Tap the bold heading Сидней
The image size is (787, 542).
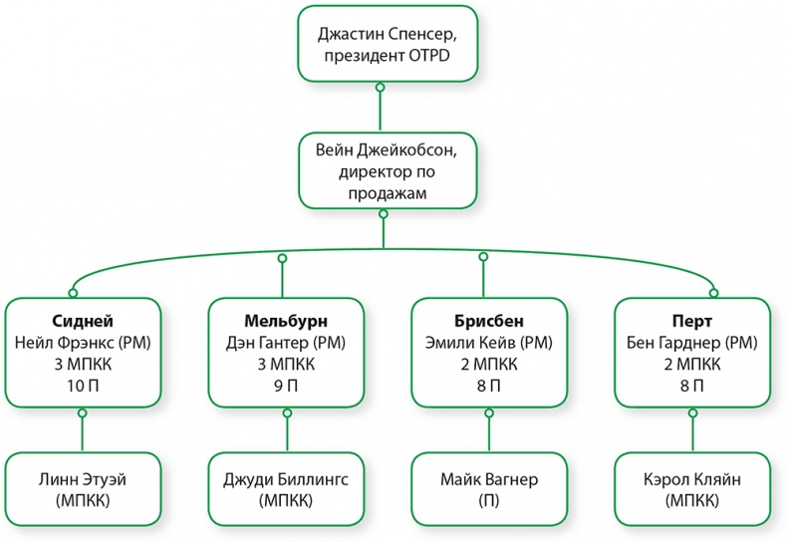[x=83, y=321]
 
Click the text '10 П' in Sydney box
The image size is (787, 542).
[x=83, y=385]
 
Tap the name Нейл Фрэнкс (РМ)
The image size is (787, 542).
[x=83, y=343]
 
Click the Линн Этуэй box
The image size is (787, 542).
[x=83, y=489]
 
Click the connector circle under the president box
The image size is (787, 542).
[x=380, y=89]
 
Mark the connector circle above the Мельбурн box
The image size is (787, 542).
[x=282, y=258]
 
